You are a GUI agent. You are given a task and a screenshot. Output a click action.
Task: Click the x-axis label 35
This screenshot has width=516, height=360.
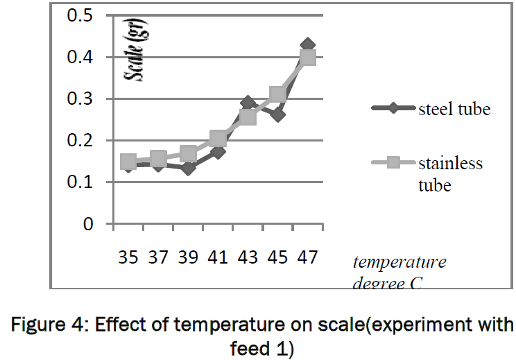128,258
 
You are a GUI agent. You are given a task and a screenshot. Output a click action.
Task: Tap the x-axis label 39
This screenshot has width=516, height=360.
188,258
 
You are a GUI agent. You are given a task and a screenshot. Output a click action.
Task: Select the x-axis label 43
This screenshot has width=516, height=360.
248,258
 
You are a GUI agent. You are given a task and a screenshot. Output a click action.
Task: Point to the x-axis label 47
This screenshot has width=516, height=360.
308,258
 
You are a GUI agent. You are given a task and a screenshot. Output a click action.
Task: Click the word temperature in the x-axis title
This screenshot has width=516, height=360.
399,262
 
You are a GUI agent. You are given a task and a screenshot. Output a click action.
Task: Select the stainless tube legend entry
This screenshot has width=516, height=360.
450,174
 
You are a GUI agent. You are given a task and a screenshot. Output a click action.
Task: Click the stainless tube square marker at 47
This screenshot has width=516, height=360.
308,57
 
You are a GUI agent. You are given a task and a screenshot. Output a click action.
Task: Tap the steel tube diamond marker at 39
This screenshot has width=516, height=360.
188,168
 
